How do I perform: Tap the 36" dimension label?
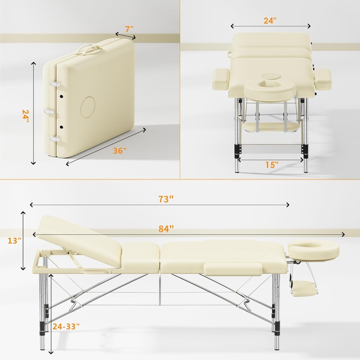tap(120, 151)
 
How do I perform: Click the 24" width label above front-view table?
tap(270, 21)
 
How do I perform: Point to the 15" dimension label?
tap(272, 165)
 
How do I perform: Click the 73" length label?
tap(166, 199)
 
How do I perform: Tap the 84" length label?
tap(166, 229)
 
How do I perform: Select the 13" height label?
tap(15, 240)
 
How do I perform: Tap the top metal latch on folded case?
tap(55, 84)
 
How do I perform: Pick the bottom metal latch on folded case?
tap(55, 139)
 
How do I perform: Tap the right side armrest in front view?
tap(323, 79)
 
